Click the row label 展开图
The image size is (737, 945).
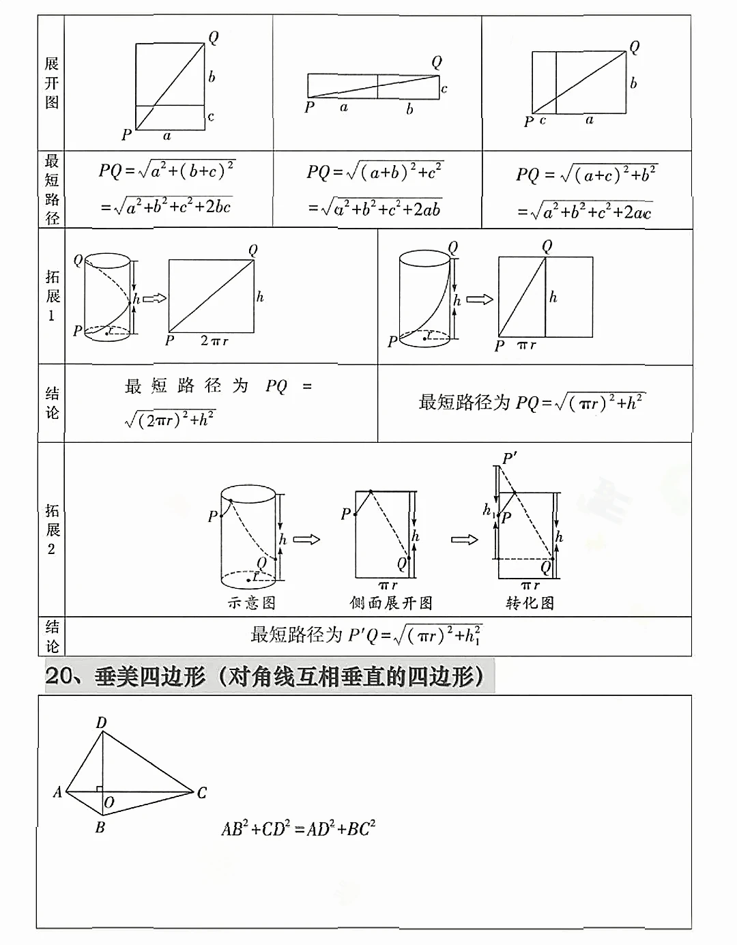[x=52, y=83]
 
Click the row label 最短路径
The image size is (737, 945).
[x=52, y=189]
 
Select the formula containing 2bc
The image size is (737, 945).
[x=167, y=205]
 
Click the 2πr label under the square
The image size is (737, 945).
[x=214, y=340]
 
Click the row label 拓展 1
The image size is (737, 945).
[x=52, y=296]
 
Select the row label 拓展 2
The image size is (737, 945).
[x=52, y=529]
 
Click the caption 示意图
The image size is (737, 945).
[x=251, y=603]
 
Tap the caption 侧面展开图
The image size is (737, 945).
[x=391, y=603]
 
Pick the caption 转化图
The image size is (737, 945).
[x=530, y=603]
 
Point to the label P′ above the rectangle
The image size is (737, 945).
[x=509, y=458]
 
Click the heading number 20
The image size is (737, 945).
[x=59, y=676]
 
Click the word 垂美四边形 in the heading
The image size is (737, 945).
[x=150, y=676]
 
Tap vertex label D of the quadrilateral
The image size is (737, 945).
[x=101, y=723]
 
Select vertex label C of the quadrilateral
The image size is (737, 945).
[x=201, y=793]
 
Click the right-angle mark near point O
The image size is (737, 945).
[x=100, y=789]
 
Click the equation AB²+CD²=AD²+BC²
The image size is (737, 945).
[x=298, y=828]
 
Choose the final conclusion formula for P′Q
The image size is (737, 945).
[x=366, y=635]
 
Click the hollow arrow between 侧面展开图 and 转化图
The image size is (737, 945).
[x=465, y=540]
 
